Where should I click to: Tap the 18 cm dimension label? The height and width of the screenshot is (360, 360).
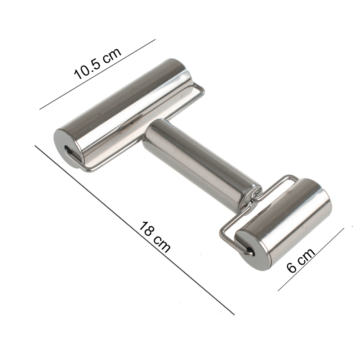click(x=155, y=237)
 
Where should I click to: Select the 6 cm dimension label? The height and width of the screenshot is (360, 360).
click(x=301, y=260)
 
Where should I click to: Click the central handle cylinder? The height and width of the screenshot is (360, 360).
click(x=202, y=166)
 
